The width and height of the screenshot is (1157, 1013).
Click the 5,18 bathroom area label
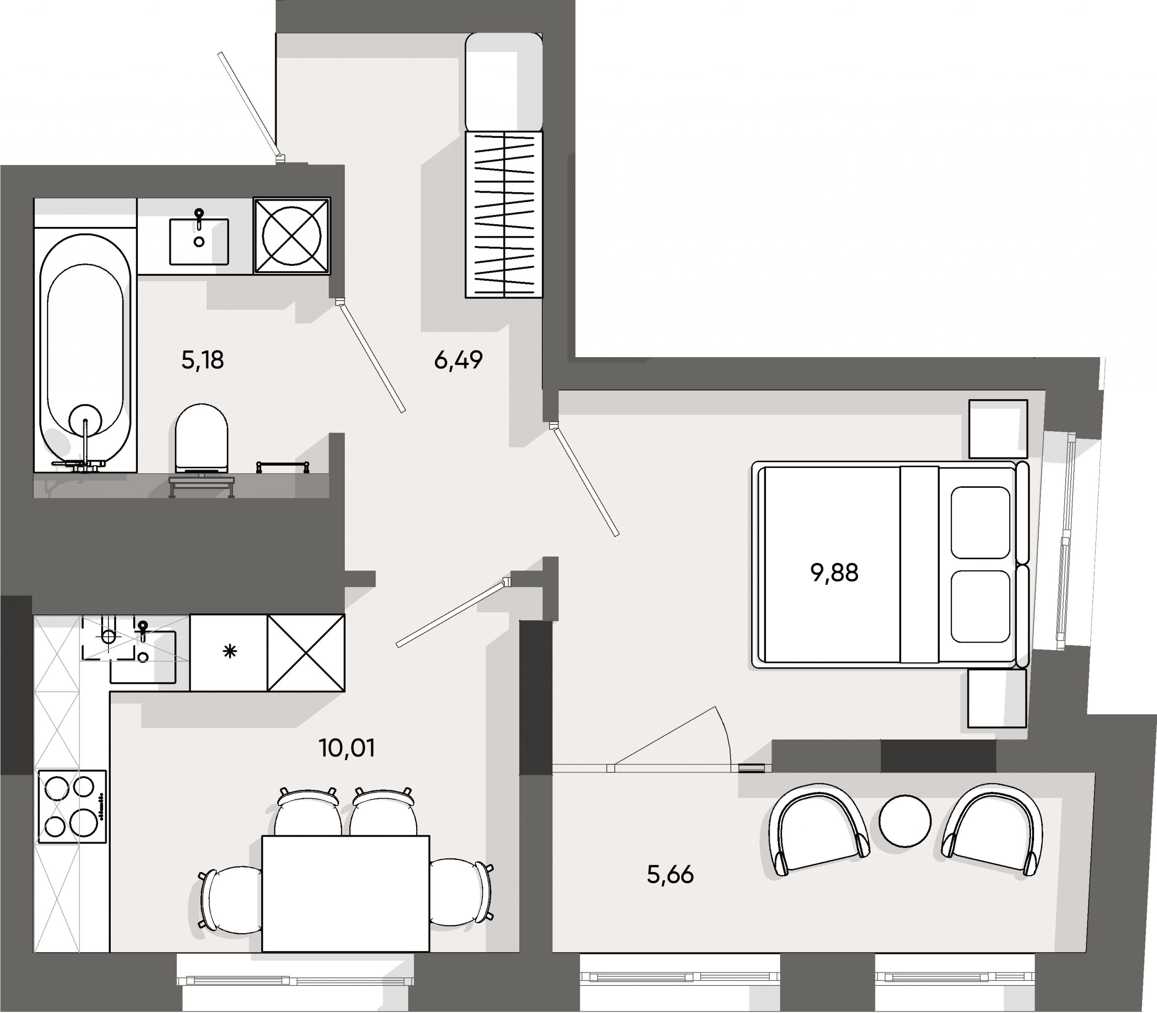[x=202, y=360]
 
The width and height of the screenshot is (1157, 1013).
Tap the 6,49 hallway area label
[x=458, y=360]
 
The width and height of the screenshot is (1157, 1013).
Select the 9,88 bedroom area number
[x=834, y=573]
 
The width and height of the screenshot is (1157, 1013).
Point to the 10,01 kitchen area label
[x=347, y=749]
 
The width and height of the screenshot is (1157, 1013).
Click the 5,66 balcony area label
[x=670, y=875]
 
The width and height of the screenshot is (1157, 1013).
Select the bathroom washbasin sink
[x=199, y=242]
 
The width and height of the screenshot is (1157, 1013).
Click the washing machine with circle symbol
[x=292, y=236]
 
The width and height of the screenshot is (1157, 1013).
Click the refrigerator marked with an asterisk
[x=228, y=652]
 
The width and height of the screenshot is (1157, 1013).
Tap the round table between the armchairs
[x=904, y=821]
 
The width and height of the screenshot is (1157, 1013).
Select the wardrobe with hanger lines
[x=503, y=215]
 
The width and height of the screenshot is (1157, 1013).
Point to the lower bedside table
[x=997, y=698]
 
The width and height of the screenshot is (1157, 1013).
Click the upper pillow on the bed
[x=980, y=523]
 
